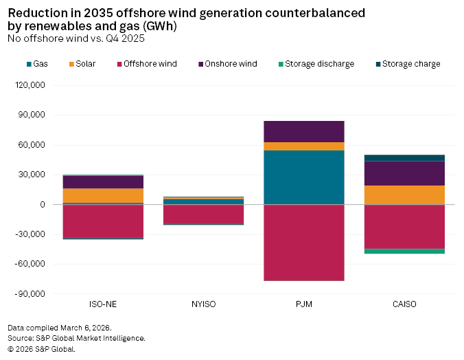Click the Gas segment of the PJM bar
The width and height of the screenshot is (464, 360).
click(x=303, y=177)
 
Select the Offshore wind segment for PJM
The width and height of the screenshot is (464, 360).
click(x=303, y=243)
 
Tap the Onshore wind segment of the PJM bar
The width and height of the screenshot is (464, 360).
click(x=303, y=131)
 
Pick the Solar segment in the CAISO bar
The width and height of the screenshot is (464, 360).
click(x=404, y=195)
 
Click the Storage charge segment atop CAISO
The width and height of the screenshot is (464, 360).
click(x=404, y=158)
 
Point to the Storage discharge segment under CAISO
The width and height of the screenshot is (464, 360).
click(x=404, y=251)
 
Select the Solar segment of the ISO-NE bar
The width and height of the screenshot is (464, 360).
click(x=103, y=196)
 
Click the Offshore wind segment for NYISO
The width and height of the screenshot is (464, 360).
click(x=203, y=214)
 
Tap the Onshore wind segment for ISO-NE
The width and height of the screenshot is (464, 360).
click(x=103, y=182)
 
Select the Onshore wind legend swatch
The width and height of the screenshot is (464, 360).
click(x=201, y=64)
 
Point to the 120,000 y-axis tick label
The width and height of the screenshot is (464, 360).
click(x=30, y=86)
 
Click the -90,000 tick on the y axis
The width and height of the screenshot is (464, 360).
click(x=30, y=294)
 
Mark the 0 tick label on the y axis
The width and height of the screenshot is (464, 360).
click(x=42, y=205)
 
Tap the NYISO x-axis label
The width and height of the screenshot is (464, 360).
click(x=203, y=304)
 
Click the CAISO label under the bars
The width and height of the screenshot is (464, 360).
click(x=404, y=304)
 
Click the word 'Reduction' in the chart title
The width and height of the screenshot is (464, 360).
click(x=35, y=13)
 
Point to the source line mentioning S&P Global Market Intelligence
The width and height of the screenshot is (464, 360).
click(x=76, y=338)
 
